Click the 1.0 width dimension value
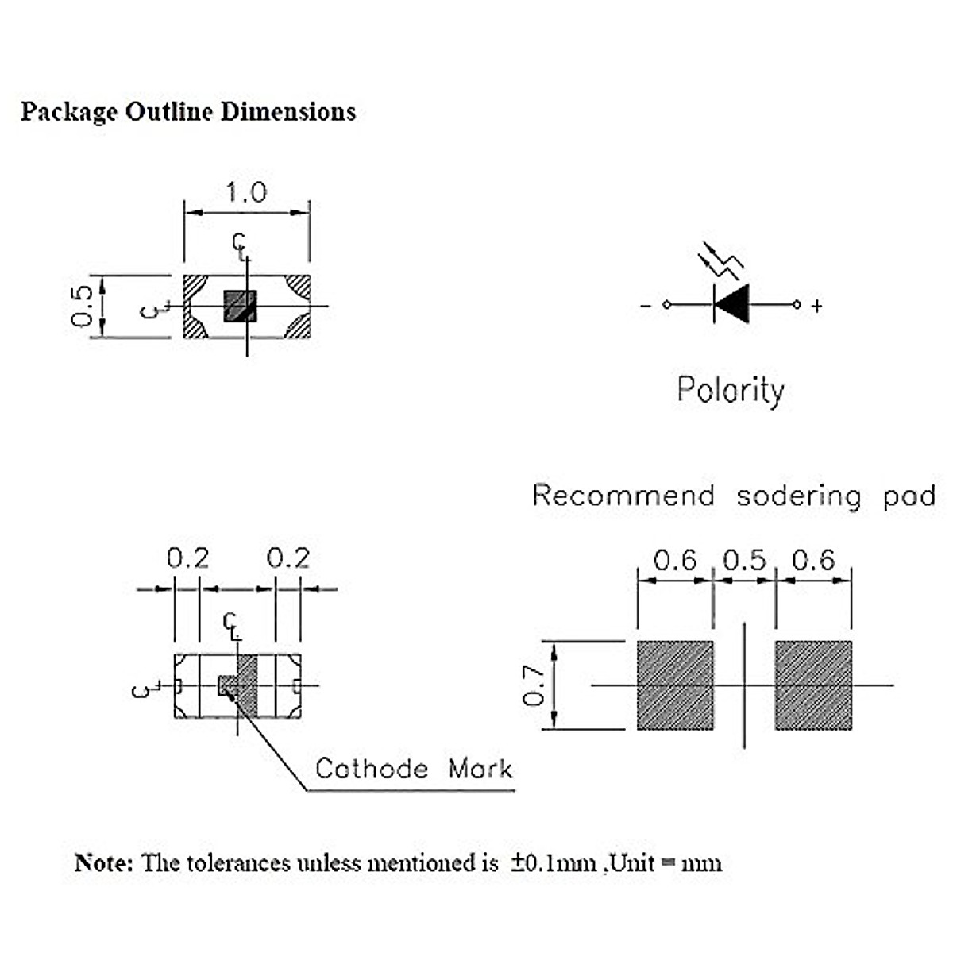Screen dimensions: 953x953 (x=246, y=193)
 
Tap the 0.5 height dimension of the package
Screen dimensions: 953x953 (x=83, y=307)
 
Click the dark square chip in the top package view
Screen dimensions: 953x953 (x=240, y=306)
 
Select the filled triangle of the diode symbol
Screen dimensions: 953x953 (x=732, y=304)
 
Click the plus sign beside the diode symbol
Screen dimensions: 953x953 (x=816, y=306)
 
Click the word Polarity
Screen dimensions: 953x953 (x=731, y=390)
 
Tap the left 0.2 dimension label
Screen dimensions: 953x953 (x=188, y=559)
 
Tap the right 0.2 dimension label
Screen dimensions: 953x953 (x=287, y=559)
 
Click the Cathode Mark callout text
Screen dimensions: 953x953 (x=414, y=769)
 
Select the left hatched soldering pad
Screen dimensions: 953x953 (x=675, y=685)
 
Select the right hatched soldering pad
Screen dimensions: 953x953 (x=813, y=685)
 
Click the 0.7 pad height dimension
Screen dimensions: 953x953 (x=534, y=685)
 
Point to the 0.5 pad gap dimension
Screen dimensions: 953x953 (x=744, y=561)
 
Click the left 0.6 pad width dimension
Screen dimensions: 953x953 (x=674, y=561)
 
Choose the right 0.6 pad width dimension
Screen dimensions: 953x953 (x=814, y=561)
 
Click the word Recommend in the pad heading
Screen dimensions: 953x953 (x=623, y=496)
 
